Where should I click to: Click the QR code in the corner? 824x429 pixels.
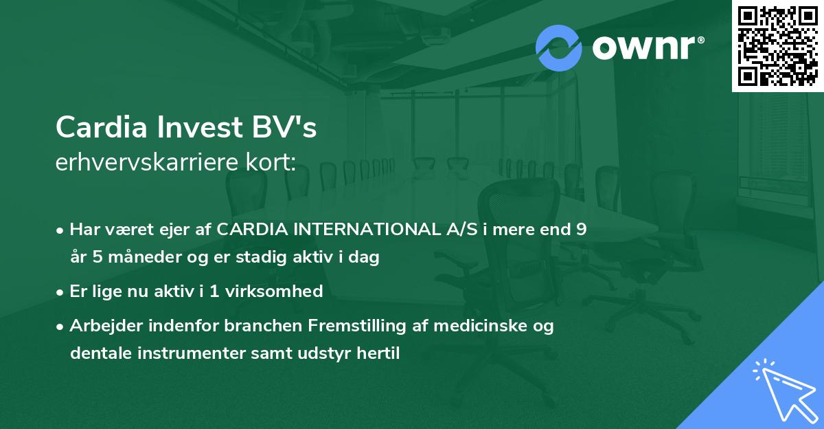coord(777,45)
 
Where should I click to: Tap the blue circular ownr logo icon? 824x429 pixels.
coord(559,47)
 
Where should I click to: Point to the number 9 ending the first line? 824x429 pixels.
coord(582,230)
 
